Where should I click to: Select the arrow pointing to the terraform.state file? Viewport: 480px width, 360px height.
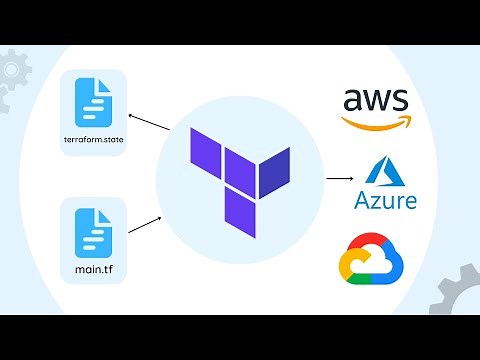tap(149, 122)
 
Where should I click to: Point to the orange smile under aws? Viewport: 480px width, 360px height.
tap(376, 123)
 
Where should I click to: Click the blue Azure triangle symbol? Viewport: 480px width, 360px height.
tap(385, 170)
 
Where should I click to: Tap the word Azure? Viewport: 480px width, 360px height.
tap(385, 201)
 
